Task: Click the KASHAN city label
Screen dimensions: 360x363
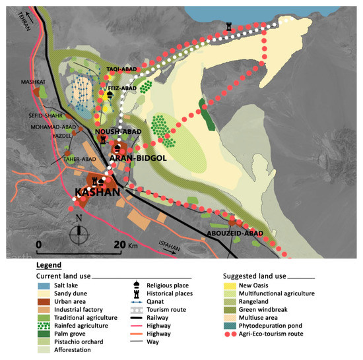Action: click(x=97, y=192)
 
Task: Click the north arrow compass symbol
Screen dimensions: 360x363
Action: click(x=81, y=231)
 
